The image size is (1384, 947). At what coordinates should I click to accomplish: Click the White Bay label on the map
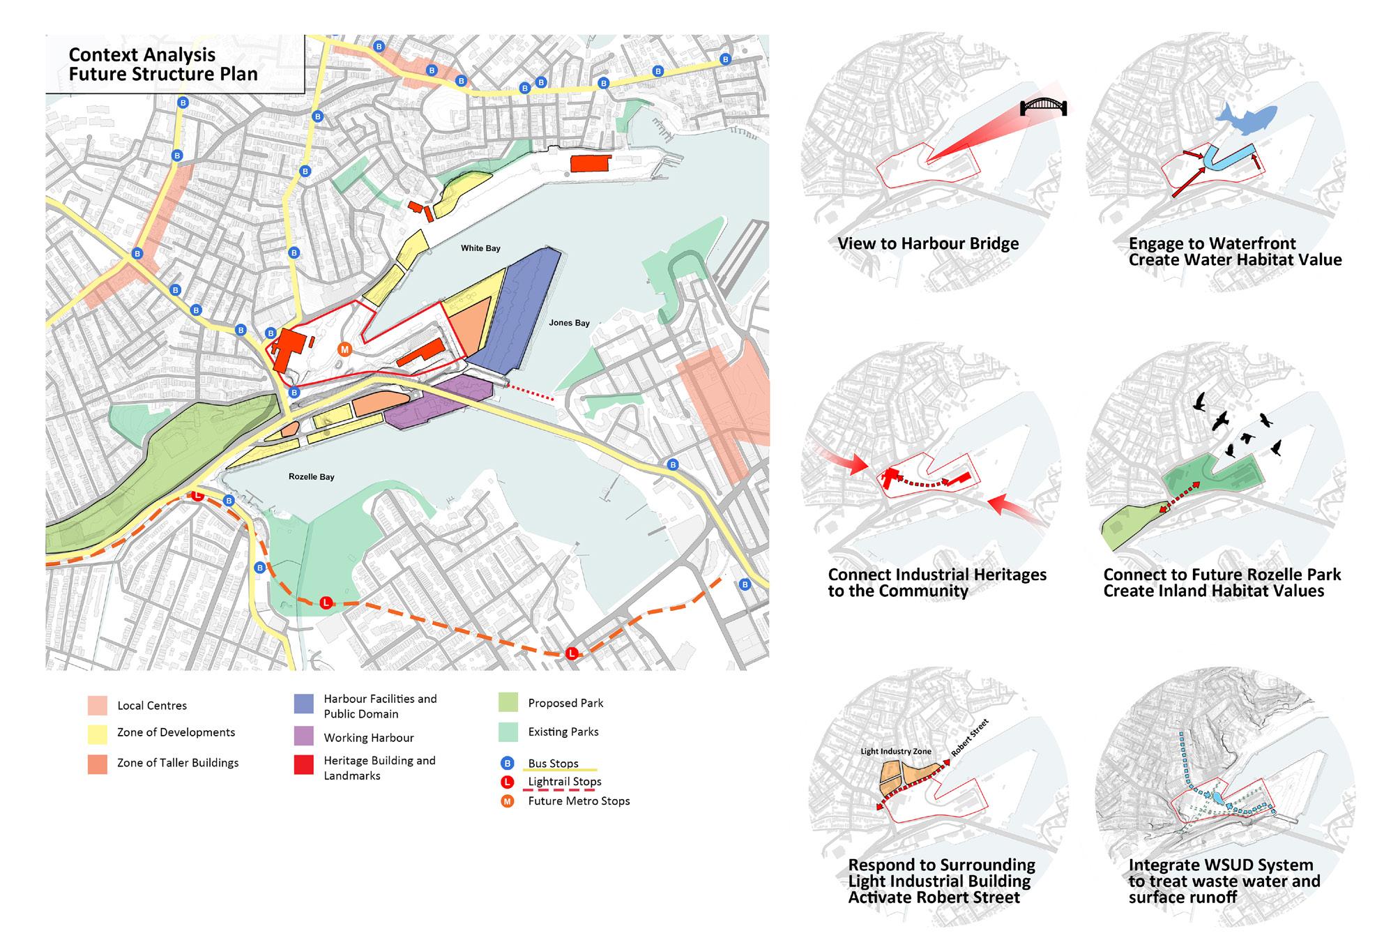tap(480, 248)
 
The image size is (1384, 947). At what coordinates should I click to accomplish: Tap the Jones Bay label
tap(569, 323)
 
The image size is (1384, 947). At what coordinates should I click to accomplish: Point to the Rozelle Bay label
tap(311, 477)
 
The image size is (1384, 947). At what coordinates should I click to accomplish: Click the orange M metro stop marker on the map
tap(344, 349)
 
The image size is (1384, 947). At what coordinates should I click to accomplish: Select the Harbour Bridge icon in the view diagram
tap(1043, 107)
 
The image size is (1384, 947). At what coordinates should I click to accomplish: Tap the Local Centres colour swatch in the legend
tap(98, 705)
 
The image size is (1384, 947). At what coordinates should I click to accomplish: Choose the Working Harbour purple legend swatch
tap(304, 737)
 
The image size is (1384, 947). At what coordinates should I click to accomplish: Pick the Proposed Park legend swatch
tap(508, 703)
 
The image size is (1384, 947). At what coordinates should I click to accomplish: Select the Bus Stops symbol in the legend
tap(508, 763)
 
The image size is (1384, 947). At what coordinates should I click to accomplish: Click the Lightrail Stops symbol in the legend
tap(508, 782)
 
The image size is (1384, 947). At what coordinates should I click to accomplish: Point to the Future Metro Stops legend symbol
tap(508, 801)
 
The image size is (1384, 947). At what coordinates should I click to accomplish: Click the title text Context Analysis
tap(142, 55)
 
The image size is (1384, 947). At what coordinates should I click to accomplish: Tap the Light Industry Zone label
tap(896, 751)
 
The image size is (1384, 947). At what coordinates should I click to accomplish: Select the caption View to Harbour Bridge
tap(928, 243)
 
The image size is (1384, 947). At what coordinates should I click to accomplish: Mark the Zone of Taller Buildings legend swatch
tap(98, 764)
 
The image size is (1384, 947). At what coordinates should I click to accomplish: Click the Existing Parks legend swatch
tap(508, 732)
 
